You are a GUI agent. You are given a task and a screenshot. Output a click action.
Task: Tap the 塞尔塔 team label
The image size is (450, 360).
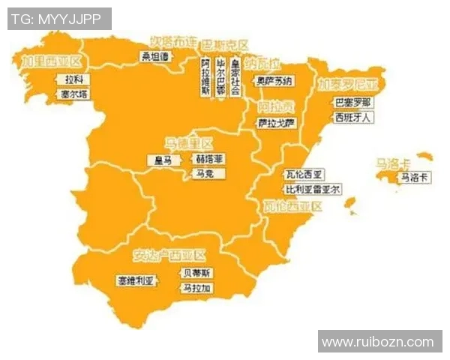pyautogui.click(x=74, y=94)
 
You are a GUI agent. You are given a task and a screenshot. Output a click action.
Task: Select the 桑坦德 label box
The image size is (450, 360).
pyautogui.click(x=156, y=55)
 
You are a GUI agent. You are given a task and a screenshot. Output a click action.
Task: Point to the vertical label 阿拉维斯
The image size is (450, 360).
pyautogui.click(x=205, y=76)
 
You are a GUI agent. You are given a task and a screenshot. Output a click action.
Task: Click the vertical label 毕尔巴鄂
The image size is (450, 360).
pyautogui.click(x=220, y=76)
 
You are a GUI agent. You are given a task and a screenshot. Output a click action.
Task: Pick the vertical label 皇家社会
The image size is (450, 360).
pyautogui.click(x=235, y=76)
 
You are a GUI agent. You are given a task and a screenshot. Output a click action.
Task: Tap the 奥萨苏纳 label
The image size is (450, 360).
pyautogui.click(x=274, y=80)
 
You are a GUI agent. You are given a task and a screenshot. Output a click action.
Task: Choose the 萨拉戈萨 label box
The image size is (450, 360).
pyautogui.click(x=277, y=122)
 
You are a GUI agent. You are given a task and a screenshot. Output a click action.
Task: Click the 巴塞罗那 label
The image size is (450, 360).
pyautogui.click(x=352, y=102)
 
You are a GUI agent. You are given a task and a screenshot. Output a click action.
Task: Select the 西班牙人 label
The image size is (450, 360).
pyautogui.click(x=352, y=117)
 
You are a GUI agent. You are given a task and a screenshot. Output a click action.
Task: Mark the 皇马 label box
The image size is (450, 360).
pyautogui.click(x=163, y=160)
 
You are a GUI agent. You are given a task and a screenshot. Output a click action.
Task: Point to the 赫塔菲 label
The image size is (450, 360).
pyautogui.click(x=209, y=159)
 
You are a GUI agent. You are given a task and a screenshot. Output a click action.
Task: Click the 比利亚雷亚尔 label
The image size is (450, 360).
pyautogui.click(x=313, y=189)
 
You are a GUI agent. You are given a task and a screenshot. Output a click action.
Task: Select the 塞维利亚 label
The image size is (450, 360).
pyautogui.click(x=135, y=280)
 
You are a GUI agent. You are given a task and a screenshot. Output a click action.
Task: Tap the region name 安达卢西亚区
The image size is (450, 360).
pyautogui.click(x=169, y=254)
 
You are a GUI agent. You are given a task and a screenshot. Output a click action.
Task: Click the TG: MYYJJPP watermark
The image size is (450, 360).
pyautogui.click(x=59, y=19)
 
